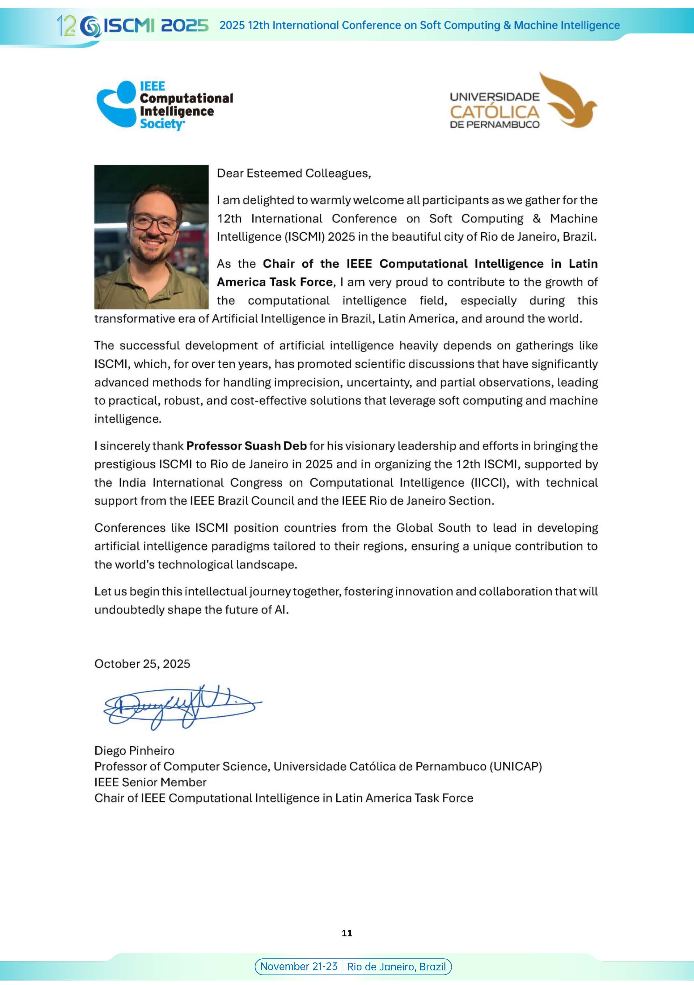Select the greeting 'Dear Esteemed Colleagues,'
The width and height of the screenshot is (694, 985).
tap(293, 173)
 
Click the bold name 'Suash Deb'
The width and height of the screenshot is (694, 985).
tap(276, 446)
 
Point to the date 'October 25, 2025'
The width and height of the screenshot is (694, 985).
tap(142, 664)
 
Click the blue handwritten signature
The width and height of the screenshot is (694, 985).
tap(180, 706)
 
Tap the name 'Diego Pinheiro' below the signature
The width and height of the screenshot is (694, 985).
tap(134, 750)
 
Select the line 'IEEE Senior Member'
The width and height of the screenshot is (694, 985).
tap(150, 782)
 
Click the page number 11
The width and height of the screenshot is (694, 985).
tap(347, 933)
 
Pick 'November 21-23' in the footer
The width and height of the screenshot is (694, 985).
tap(299, 966)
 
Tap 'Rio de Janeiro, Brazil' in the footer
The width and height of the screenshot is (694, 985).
tap(396, 967)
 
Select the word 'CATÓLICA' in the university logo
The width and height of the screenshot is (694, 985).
tap(494, 113)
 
